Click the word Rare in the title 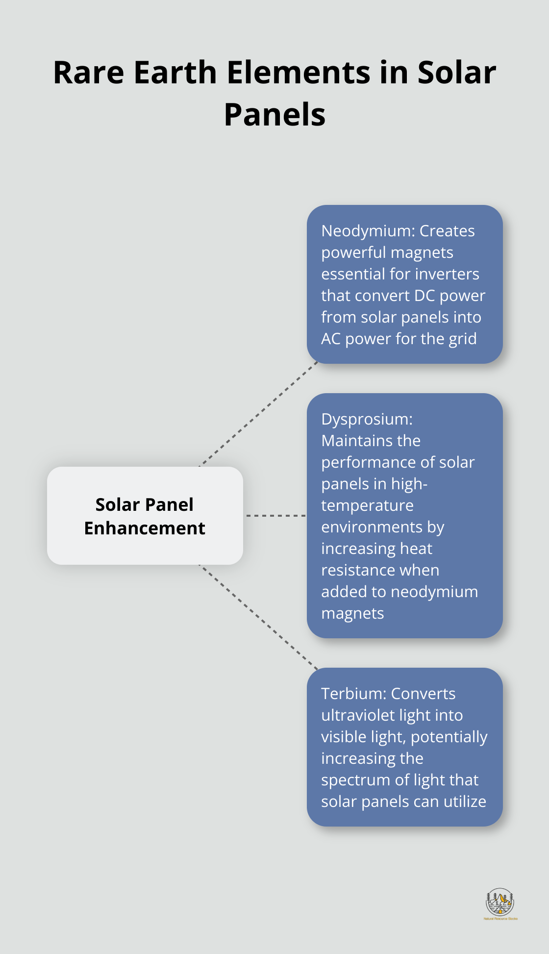(88, 73)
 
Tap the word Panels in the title (274, 115)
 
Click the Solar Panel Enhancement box (145, 516)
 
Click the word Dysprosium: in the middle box (367, 419)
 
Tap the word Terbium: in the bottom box (353, 694)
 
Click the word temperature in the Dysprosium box (367, 505)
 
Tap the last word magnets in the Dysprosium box (352, 613)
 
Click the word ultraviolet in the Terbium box (353, 715)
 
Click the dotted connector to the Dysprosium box (275, 516)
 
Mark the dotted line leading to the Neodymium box (258, 414)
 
